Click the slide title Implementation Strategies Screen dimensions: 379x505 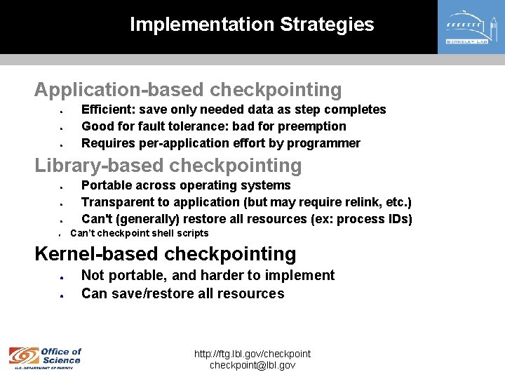tap(252, 25)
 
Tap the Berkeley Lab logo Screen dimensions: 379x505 tap(471, 27)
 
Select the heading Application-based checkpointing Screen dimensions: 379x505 tap(188, 90)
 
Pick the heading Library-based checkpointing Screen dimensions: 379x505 tap(168, 166)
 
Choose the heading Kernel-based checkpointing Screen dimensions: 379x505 tap(166, 253)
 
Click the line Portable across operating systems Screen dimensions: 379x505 tap(186, 185)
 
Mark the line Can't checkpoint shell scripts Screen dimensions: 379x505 tap(140, 233)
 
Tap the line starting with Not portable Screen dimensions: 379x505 tap(208, 276)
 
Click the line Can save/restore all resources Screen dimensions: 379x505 tap(182, 293)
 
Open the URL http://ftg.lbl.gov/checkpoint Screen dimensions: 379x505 tap(252, 354)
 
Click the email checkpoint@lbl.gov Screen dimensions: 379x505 tap(252, 365)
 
